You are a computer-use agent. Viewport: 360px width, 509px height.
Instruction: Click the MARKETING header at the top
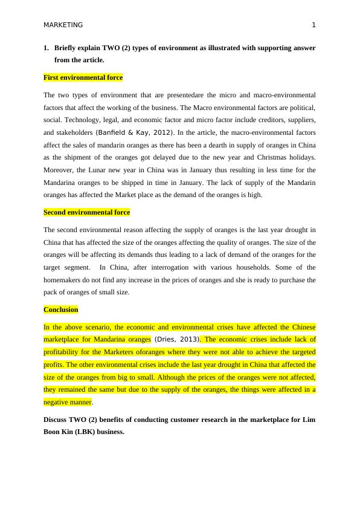click(63, 25)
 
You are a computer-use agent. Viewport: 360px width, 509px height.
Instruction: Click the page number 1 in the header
click(313, 25)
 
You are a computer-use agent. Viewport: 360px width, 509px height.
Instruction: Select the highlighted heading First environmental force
click(83, 77)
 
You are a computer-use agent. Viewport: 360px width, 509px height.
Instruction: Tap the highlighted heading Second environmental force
click(86, 212)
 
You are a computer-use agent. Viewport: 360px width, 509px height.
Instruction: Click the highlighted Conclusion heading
click(60, 310)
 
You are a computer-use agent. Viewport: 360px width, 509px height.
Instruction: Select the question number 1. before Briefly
click(46, 47)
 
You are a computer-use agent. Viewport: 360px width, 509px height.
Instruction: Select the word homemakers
click(64, 280)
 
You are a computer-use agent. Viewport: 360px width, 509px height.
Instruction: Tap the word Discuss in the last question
click(57, 420)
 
